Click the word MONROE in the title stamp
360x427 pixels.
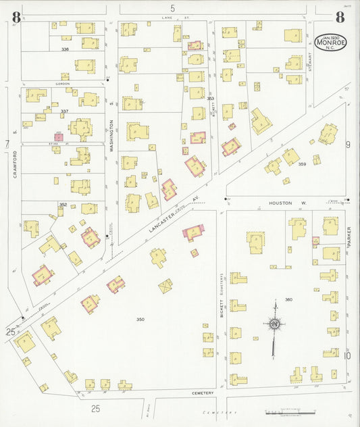coord(328,43)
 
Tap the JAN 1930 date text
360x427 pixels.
coord(328,35)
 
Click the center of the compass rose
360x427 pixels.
coord(275,325)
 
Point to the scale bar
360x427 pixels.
coord(290,412)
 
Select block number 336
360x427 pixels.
coord(65,49)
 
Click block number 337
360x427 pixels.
coord(65,111)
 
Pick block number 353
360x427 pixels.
coord(210,99)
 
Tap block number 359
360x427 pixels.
coord(302,164)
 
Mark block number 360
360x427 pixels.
coord(288,299)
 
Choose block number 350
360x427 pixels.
coord(140,319)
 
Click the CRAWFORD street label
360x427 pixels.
coord(13,165)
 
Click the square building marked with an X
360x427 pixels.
coord(165,286)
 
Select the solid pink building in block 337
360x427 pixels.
coord(59,137)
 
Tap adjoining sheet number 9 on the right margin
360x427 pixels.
coord(348,144)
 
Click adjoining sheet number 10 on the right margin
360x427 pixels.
coord(348,355)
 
